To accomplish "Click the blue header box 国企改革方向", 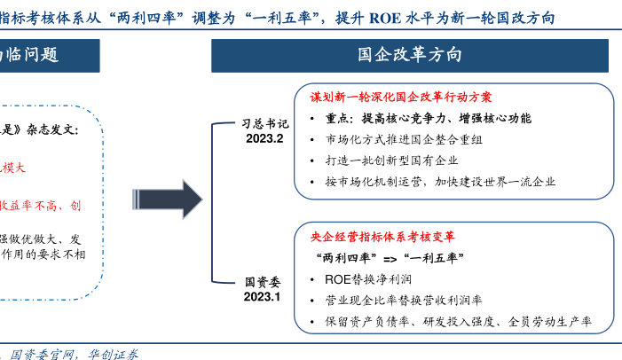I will point(409,54).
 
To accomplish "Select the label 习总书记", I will point(265,125).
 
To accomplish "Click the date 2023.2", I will point(264,139).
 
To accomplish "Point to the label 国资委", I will point(264,282).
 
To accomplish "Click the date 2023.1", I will point(263,297).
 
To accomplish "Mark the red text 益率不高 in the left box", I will point(35,205).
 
